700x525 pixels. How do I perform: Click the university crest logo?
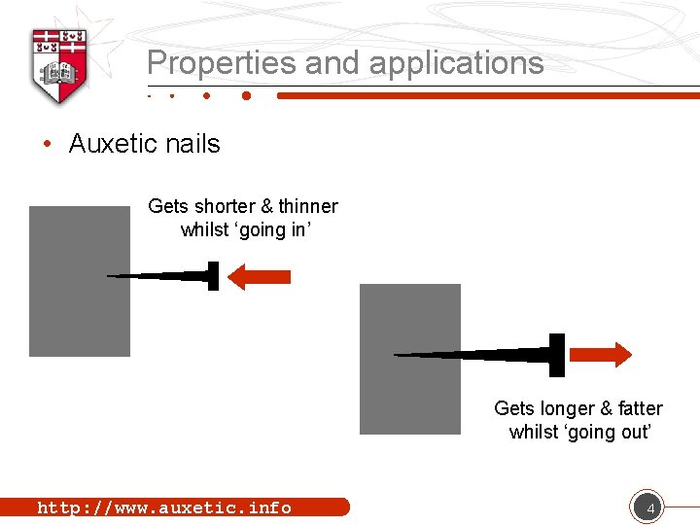click(x=60, y=64)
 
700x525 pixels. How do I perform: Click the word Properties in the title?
click(x=222, y=63)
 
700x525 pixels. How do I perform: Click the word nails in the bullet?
click(x=194, y=144)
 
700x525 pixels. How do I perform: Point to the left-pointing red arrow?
click(x=258, y=277)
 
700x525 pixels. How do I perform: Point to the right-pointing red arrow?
click(x=600, y=354)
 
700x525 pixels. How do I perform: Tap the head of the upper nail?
click(x=213, y=276)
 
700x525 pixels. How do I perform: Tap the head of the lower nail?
click(x=556, y=355)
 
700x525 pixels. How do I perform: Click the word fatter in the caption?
click(x=640, y=408)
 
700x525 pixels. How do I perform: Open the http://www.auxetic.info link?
click(x=164, y=507)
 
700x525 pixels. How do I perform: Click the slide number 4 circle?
click(x=647, y=507)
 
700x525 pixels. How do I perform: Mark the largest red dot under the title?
click(x=246, y=96)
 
